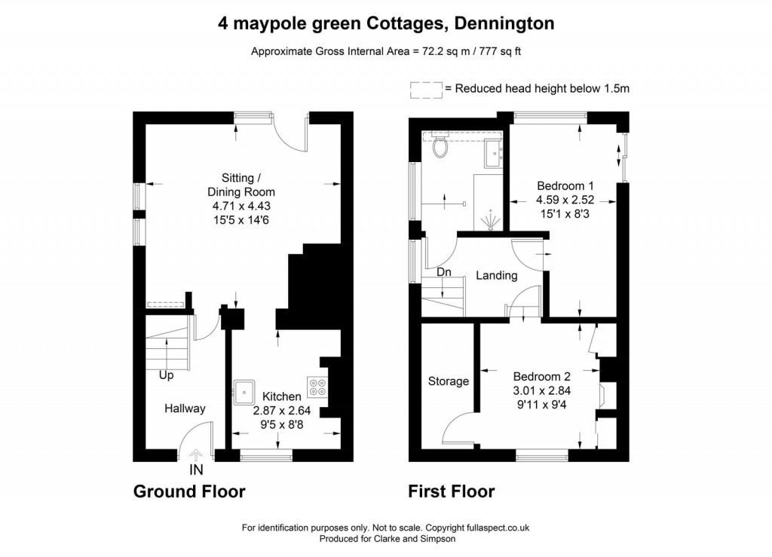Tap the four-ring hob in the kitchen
click(x=317, y=387)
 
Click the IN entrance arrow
click(x=196, y=454)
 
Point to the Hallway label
click(x=185, y=409)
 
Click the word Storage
click(x=449, y=381)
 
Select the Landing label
click(x=496, y=275)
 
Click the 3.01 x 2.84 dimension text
click(x=541, y=390)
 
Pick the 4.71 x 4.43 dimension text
click(x=234, y=206)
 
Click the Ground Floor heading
click(x=189, y=492)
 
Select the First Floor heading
click(x=452, y=492)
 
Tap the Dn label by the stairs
click(x=444, y=271)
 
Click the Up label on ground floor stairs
click(x=167, y=374)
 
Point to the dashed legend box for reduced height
click(x=426, y=89)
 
